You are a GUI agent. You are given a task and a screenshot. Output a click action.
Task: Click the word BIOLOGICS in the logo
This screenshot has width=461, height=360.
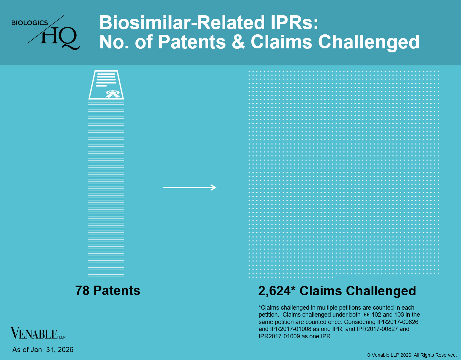(x=29, y=23)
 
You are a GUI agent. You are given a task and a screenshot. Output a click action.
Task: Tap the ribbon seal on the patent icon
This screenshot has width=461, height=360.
(x=112, y=94)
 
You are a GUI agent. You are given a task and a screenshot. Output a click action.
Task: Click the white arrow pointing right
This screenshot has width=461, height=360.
(x=189, y=188)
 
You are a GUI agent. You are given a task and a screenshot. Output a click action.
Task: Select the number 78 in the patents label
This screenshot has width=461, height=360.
(x=82, y=291)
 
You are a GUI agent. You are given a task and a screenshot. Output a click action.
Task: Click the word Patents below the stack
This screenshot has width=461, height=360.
(x=117, y=291)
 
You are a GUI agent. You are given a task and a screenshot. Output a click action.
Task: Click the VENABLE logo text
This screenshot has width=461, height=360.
(x=34, y=333)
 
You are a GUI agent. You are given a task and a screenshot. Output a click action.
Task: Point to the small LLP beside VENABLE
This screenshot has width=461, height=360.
(x=62, y=337)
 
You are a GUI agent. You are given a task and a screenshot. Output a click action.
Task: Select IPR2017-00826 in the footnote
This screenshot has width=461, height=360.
(x=398, y=322)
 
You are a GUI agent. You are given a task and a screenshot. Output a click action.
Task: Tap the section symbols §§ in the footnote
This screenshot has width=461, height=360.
(x=367, y=315)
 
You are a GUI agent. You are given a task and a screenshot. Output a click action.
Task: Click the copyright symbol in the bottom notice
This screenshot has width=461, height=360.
(x=369, y=355)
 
